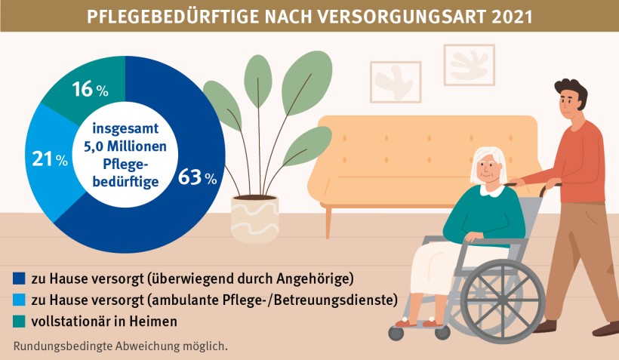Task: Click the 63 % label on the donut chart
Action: tap(197, 178)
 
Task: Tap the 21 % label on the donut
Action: tap(49, 159)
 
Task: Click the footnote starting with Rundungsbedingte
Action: tap(120, 346)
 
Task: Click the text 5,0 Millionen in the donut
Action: tap(125, 145)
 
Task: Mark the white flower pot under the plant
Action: tap(254, 218)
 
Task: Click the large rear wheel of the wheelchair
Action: tap(501, 297)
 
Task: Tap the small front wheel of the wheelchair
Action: tap(397, 332)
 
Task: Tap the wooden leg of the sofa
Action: tap(328, 222)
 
